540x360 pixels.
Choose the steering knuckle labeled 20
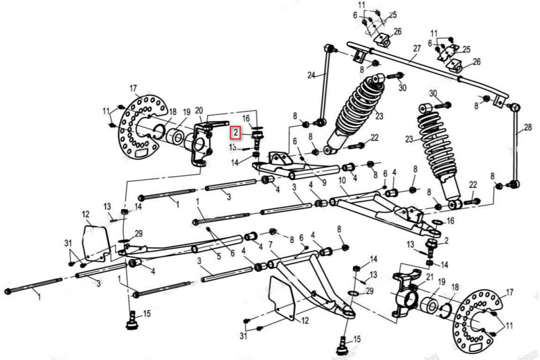click(x=201, y=144)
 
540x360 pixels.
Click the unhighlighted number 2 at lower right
click(x=446, y=241)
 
